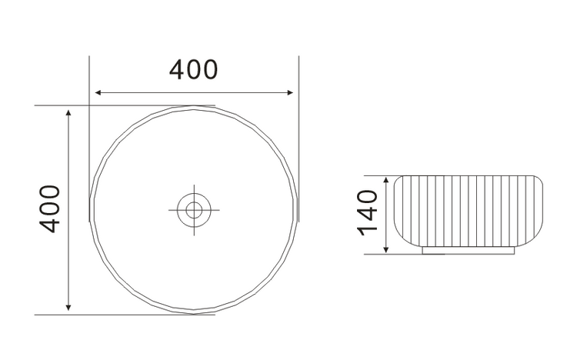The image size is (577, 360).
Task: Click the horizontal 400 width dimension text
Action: [193, 70]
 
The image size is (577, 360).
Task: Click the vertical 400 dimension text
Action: [50, 208]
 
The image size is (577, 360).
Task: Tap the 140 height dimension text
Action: [369, 212]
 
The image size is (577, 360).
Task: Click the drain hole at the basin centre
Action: [193, 208]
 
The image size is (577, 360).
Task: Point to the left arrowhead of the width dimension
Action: [97, 93]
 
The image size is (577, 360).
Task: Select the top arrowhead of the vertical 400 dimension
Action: [69, 114]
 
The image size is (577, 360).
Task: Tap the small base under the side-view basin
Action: [469, 250]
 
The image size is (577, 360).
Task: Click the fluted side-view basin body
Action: [469, 212]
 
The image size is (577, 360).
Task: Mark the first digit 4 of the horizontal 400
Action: [176, 70]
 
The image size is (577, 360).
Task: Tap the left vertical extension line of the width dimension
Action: [90, 77]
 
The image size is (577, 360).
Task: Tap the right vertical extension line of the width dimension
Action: [298, 77]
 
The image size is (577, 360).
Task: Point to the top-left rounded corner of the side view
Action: [399, 182]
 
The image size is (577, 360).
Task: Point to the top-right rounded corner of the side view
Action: [539, 182]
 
